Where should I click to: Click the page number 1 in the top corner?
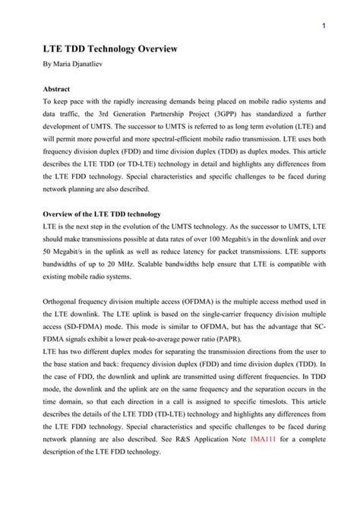click(x=324, y=27)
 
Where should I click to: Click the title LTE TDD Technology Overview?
click(x=109, y=49)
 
